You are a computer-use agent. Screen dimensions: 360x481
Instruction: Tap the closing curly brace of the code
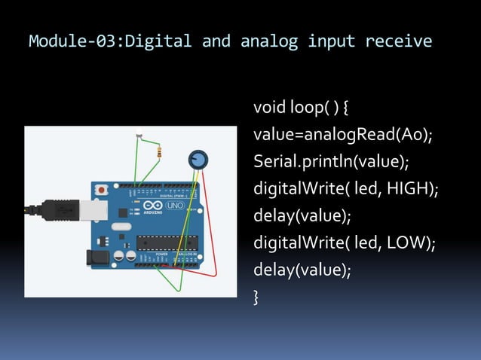256,298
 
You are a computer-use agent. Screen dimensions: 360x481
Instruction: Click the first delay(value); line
302,216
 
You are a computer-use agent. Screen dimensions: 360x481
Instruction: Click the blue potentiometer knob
198,159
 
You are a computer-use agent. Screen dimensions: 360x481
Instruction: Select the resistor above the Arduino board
158,152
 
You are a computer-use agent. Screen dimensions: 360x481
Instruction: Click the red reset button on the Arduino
100,190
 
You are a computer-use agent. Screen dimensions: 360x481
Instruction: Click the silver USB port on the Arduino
90,212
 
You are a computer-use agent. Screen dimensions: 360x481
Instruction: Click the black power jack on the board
97,258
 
